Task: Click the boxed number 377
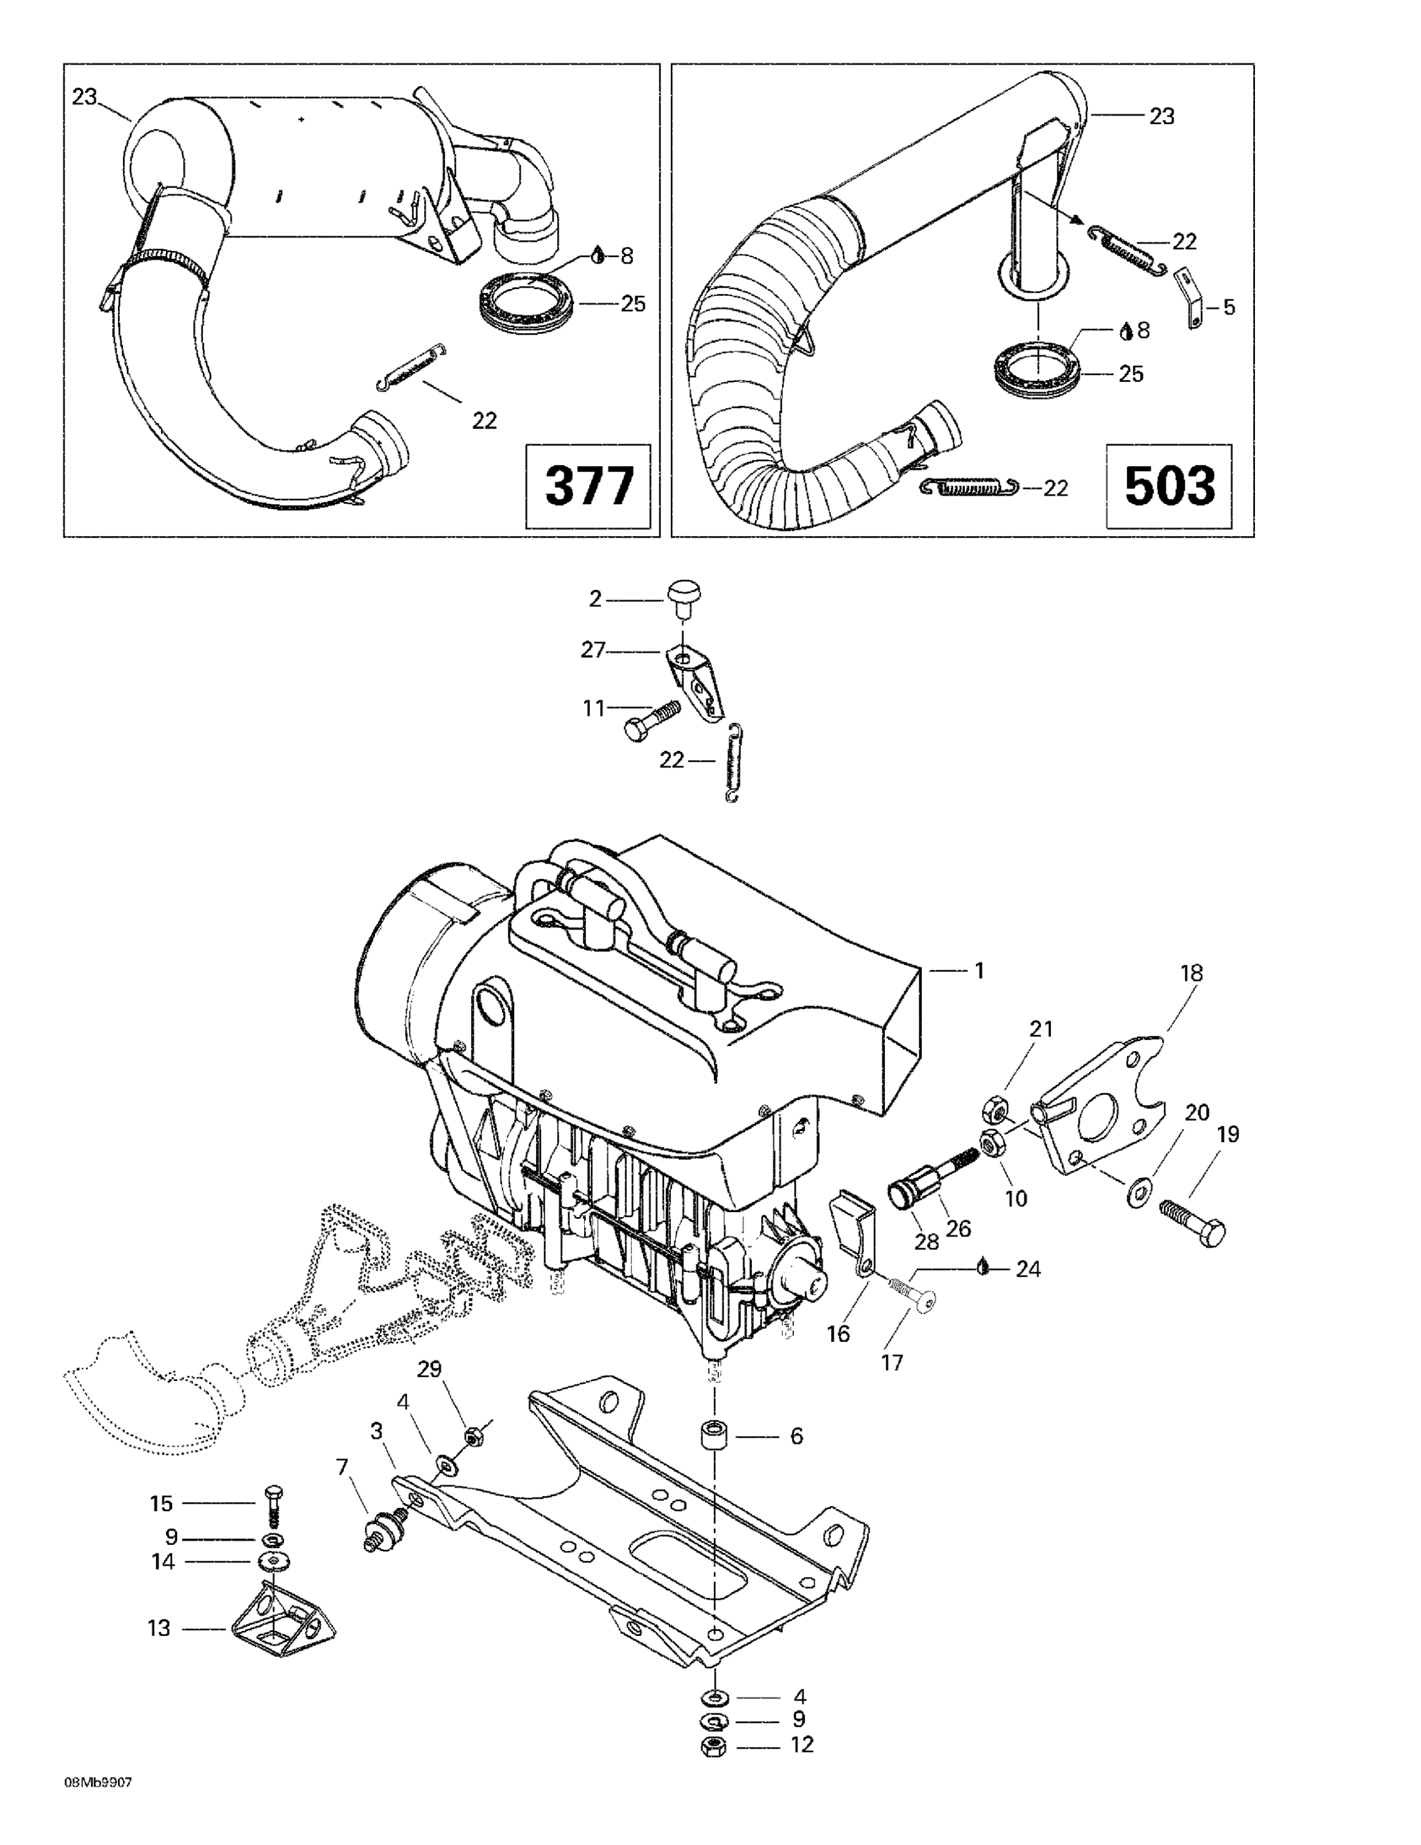(x=589, y=486)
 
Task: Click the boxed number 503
(x=1170, y=486)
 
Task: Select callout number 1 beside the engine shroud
(x=979, y=970)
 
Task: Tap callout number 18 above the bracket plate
(x=1191, y=972)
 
